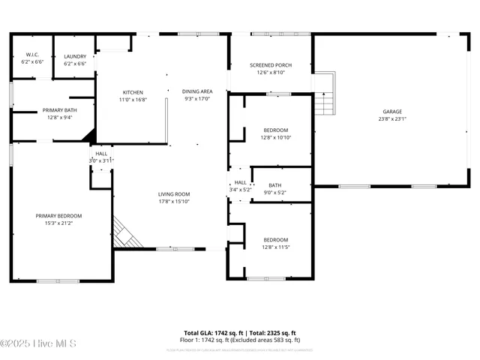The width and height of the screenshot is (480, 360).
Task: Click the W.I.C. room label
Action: point(31,54)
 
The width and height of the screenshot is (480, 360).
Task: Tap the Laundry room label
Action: point(75,56)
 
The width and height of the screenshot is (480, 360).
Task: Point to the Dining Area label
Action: point(197,91)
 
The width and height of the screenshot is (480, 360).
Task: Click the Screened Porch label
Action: point(271,65)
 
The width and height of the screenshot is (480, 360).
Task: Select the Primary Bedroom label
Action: point(58,216)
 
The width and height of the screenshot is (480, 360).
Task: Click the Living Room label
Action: point(174,194)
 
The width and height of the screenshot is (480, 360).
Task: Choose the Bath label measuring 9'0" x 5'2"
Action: point(275,185)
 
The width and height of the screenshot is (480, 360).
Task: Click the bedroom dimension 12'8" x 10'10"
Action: point(276,137)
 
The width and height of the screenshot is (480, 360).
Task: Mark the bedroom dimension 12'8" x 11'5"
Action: point(276,247)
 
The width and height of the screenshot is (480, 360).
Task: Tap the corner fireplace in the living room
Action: point(124,232)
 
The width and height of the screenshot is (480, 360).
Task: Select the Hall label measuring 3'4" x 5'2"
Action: point(240,182)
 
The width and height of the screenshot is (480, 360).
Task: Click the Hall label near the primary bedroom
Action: point(100,154)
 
